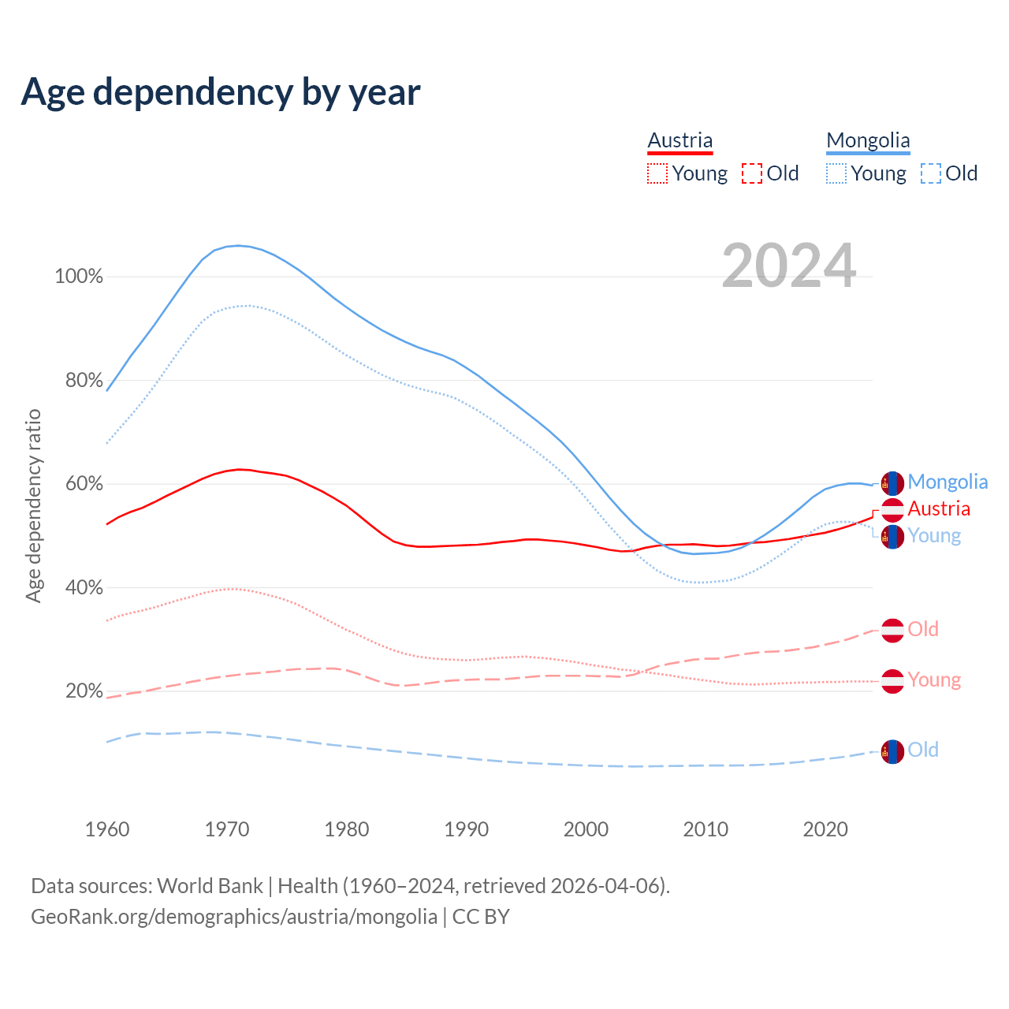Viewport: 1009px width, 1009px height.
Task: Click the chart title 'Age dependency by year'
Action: point(221,92)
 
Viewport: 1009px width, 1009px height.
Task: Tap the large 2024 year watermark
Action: point(788,266)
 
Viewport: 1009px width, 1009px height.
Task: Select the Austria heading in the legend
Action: point(679,141)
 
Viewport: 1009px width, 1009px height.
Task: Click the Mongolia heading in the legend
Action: point(868,141)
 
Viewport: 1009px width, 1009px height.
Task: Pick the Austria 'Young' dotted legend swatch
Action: point(657,173)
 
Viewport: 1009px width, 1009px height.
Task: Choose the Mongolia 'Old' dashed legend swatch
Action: point(931,173)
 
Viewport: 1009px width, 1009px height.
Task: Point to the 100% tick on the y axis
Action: point(79,277)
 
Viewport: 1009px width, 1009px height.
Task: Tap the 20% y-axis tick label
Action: point(84,691)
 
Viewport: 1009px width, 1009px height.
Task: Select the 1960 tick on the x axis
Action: point(107,829)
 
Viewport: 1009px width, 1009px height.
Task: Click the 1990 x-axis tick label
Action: point(467,829)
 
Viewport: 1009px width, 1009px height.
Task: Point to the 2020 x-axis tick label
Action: point(825,829)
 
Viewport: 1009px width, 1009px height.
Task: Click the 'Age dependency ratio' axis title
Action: point(34,505)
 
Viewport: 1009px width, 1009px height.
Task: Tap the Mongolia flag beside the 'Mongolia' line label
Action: point(892,483)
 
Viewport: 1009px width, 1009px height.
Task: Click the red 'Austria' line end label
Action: point(939,508)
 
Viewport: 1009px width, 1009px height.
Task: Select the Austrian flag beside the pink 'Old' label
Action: point(892,631)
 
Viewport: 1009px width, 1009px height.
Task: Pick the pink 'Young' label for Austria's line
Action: point(934,679)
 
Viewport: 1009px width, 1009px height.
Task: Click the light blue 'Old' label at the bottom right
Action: point(923,750)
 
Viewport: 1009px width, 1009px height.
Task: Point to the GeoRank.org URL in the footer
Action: point(234,917)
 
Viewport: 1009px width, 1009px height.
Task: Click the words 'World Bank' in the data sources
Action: point(210,886)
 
